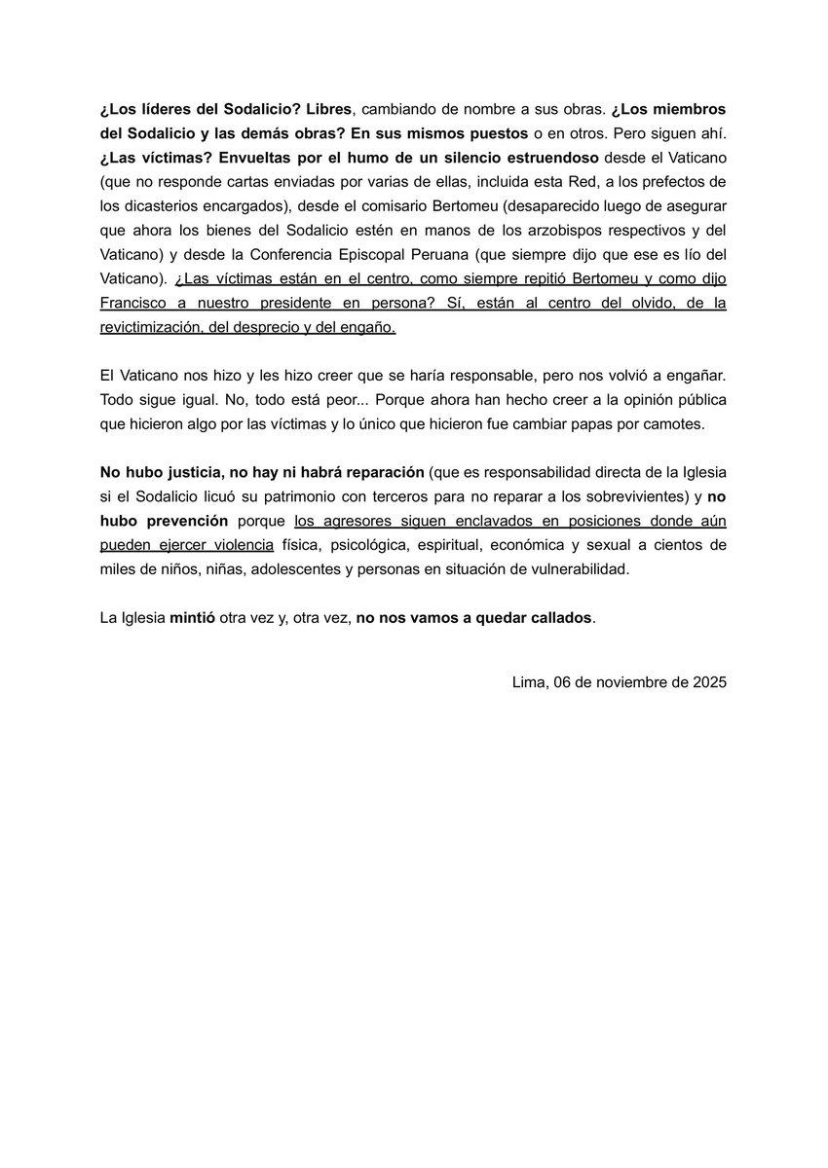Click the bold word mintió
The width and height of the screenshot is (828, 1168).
click(x=196, y=618)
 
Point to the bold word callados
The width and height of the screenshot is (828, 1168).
click(x=557, y=618)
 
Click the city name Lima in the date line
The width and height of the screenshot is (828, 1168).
click(x=528, y=682)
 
